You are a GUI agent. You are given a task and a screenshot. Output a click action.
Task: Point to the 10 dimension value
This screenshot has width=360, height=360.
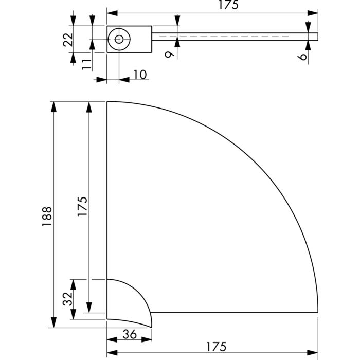(139, 75)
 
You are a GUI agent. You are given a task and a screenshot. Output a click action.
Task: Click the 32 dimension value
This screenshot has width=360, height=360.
(67, 298)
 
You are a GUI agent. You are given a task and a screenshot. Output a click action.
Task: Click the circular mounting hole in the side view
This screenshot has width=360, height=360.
(119, 39)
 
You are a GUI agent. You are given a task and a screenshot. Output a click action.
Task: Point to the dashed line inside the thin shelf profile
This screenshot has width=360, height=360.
(231, 38)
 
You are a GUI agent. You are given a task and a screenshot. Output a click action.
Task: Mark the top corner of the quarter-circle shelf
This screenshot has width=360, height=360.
(107, 102)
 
